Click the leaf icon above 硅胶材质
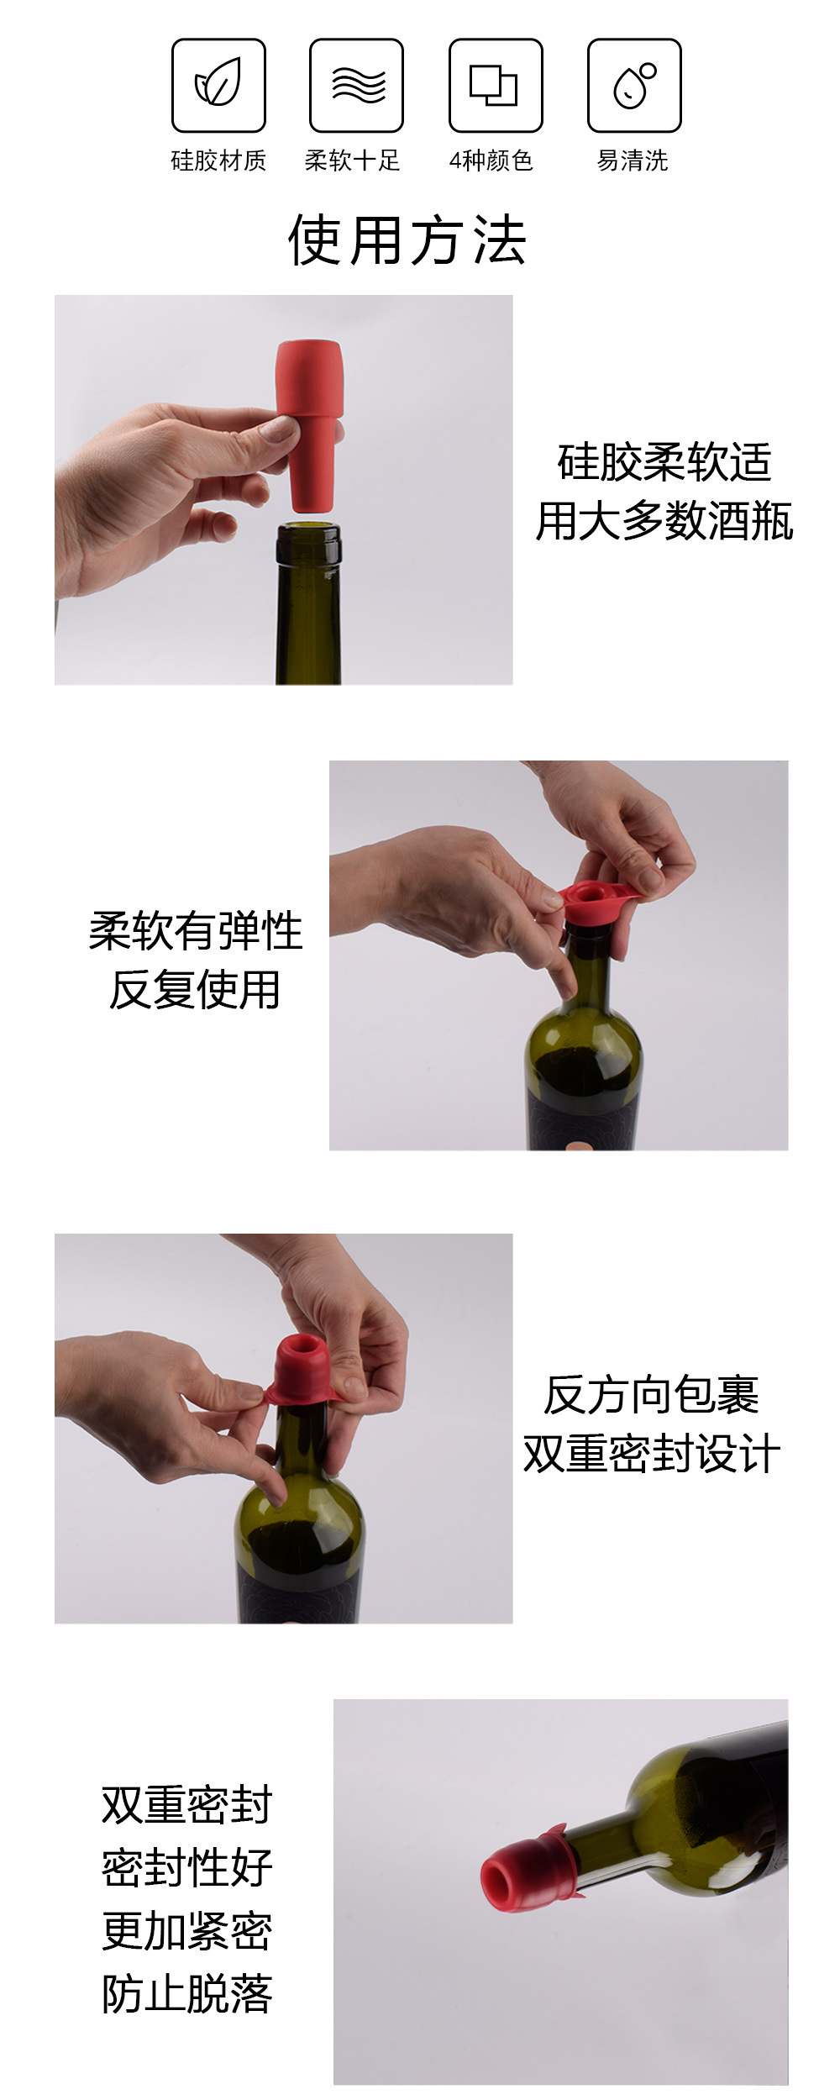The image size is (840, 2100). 218,85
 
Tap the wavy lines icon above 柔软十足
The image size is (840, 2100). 356,85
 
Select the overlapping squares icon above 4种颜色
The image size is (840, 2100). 495,85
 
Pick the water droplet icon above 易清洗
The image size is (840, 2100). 633,85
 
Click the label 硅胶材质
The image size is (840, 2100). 218,160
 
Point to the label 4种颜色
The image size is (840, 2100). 491,160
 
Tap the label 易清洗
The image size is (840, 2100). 633,160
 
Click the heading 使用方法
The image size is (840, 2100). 407,240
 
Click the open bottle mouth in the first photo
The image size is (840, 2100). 308,530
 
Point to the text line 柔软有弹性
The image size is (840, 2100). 196,931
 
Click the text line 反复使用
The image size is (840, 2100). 195,989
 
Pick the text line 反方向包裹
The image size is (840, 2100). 652,1395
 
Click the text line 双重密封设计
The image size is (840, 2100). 652,1454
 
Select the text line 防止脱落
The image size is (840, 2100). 187,1993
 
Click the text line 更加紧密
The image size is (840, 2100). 187,1930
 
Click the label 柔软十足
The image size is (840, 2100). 352,160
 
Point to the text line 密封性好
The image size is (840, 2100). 187,1867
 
